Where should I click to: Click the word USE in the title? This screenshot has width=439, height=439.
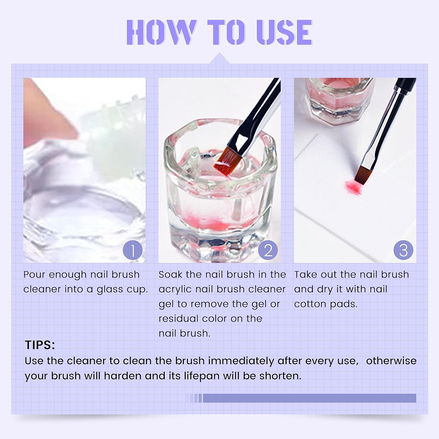284,32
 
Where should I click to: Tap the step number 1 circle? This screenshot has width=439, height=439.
133,250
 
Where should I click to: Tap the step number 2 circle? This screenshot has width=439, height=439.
268,250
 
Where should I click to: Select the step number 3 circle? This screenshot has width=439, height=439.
403,250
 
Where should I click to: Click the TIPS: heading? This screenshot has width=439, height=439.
40,345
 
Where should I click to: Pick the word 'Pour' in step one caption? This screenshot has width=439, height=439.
34,275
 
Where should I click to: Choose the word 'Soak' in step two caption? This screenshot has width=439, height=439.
170,275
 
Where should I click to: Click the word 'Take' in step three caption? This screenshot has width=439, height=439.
306,275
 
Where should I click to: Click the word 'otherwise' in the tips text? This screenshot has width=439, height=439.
391,361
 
